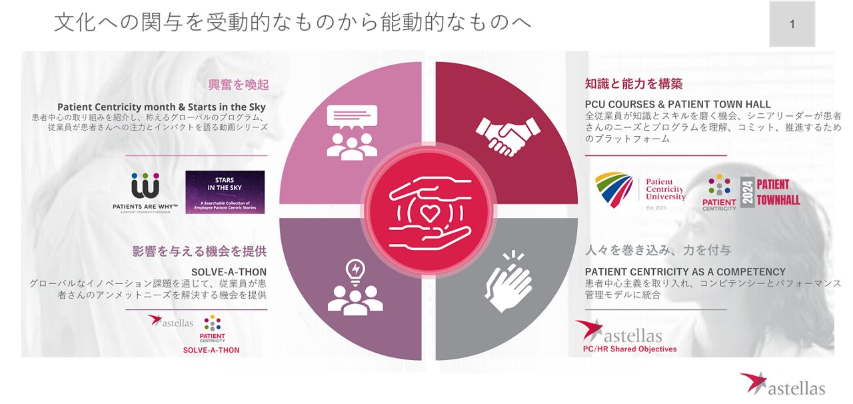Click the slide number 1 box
click(x=792, y=24)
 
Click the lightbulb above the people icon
click(x=355, y=271)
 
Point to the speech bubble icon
click(x=352, y=118)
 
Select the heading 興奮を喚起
click(x=239, y=85)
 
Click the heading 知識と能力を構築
click(x=634, y=84)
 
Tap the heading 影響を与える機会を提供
click(x=199, y=251)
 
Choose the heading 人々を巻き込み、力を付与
click(x=658, y=251)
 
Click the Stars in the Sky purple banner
click(x=225, y=192)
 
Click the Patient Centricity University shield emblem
click(x=614, y=190)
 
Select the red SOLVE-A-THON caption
click(x=211, y=350)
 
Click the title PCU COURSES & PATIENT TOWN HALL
click(x=678, y=105)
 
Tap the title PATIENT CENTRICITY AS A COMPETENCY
click(x=685, y=272)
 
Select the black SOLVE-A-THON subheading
click(x=229, y=272)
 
